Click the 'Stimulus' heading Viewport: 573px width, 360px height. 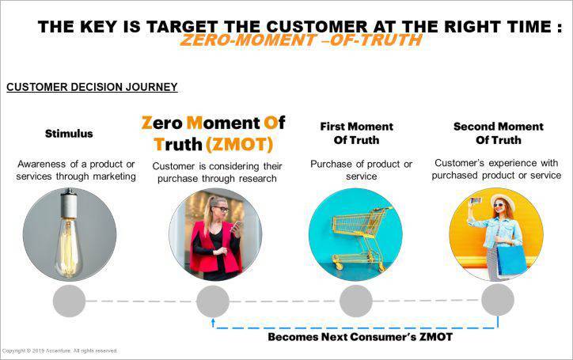pos(69,134)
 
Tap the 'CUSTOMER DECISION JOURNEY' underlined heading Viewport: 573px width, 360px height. pos(92,87)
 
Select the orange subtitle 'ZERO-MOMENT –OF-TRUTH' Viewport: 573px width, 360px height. pos(302,40)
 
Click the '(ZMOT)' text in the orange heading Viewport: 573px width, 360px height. pos(240,144)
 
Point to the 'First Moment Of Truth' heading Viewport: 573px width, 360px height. pos(356,134)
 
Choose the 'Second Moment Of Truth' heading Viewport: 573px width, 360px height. pos(498,134)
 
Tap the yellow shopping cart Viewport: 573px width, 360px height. pos(361,237)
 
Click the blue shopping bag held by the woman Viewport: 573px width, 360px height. pos(511,260)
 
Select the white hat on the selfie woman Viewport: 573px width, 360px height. pos(503,200)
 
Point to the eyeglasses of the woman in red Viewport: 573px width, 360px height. pos(222,209)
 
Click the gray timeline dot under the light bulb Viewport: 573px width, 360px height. pos(69,301)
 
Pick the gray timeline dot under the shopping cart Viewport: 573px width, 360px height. pos(356,301)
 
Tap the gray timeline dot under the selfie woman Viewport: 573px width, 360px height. pos(498,300)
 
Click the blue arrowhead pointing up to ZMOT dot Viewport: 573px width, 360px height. pos(213,321)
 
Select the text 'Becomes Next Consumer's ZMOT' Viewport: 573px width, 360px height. pos(360,337)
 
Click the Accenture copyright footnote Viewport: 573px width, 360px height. pos(59,351)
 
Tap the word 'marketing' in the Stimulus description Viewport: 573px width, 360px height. pos(115,176)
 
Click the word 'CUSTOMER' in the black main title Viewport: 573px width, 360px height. pos(317,27)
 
